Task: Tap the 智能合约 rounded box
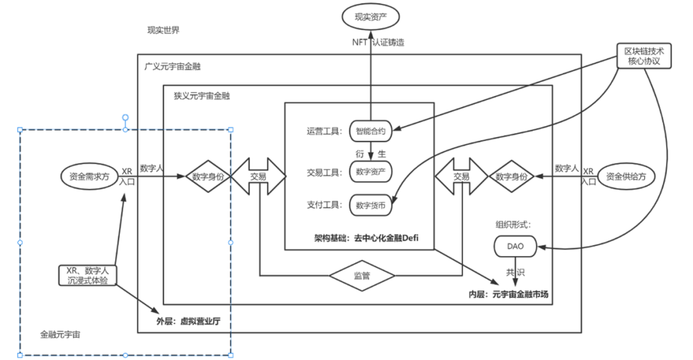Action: (x=371, y=132)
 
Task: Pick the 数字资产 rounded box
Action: (x=371, y=171)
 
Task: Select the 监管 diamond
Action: (x=361, y=276)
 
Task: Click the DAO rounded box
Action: (x=514, y=246)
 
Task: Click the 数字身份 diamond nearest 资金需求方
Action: (x=208, y=176)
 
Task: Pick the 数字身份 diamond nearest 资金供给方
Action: (x=511, y=176)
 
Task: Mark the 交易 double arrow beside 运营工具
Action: (x=258, y=176)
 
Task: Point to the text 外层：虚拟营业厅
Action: (x=189, y=321)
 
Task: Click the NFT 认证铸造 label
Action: (x=378, y=42)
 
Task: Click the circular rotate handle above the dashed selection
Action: (x=126, y=117)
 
